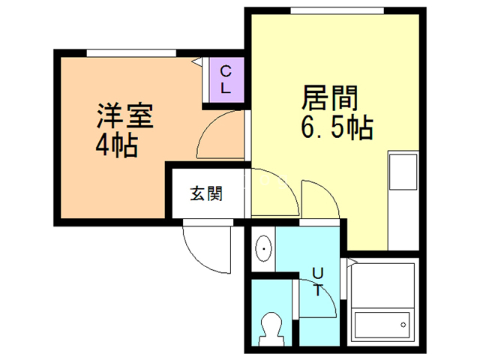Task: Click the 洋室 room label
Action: click(x=124, y=116)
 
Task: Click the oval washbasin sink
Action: click(x=264, y=247)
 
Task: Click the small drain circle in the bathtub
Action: click(x=403, y=325)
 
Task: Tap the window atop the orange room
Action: click(x=130, y=52)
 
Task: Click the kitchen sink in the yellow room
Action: click(x=400, y=172)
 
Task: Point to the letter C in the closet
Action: click(x=225, y=73)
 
